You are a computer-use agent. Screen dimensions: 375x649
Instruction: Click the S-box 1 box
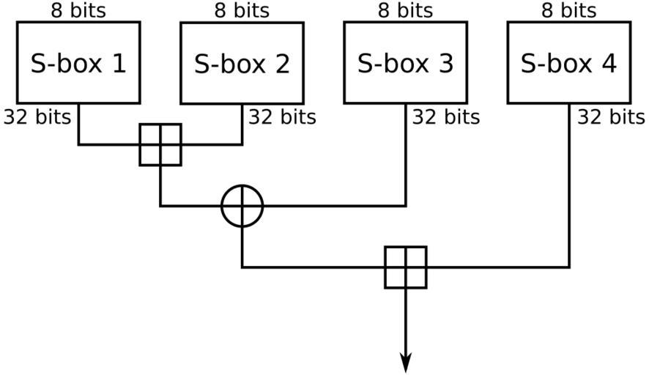pyautogui.click(x=78, y=62)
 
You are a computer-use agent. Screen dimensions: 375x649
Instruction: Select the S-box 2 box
pyautogui.click(x=242, y=63)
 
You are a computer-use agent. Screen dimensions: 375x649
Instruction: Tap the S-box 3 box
pyautogui.click(x=405, y=62)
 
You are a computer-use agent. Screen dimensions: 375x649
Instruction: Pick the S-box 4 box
pyautogui.click(x=569, y=62)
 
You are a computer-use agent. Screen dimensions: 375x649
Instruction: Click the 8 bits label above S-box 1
pyautogui.click(x=78, y=10)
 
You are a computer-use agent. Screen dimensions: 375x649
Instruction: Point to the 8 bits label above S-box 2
pyautogui.click(x=242, y=10)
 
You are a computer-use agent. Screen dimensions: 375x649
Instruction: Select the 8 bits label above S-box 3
pyautogui.click(x=405, y=10)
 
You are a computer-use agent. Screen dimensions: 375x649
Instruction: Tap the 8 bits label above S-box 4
pyautogui.click(x=569, y=10)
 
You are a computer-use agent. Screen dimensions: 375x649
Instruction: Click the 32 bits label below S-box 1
pyautogui.click(x=37, y=116)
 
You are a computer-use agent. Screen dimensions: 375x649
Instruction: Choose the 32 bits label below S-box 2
pyautogui.click(x=282, y=116)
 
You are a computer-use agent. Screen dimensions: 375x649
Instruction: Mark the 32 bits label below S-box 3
pyautogui.click(x=445, y=116)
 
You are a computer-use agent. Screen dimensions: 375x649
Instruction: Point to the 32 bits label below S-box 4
pyautogui.click(x=611, y=116)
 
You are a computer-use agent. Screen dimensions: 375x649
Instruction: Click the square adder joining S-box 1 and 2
pyautogui.click(x=160, y=144)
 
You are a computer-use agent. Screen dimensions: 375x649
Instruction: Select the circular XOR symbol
pyautogui.click(x=242, y=206)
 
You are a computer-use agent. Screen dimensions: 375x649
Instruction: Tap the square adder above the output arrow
pyautogui.click(x=406, y=267)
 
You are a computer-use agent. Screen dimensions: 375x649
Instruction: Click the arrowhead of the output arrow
pyautogui.click(x=406, y=363)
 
